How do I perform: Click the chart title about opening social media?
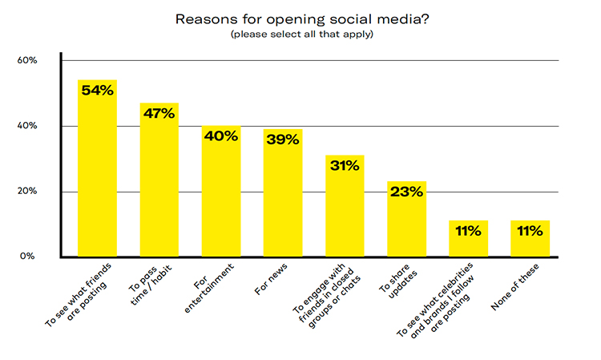(x=300, y=18)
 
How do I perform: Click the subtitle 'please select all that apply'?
(x=300, y=35)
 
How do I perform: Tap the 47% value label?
(x=159, y=113)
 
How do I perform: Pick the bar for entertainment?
(x=220, y=200)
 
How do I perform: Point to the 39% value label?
(x=283, y=140)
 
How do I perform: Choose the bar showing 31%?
(x=345, y=212)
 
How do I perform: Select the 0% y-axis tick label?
(x=29, y=257)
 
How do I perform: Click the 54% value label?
(x=97, y=91)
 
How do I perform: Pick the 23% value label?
(x=406, y=192)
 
